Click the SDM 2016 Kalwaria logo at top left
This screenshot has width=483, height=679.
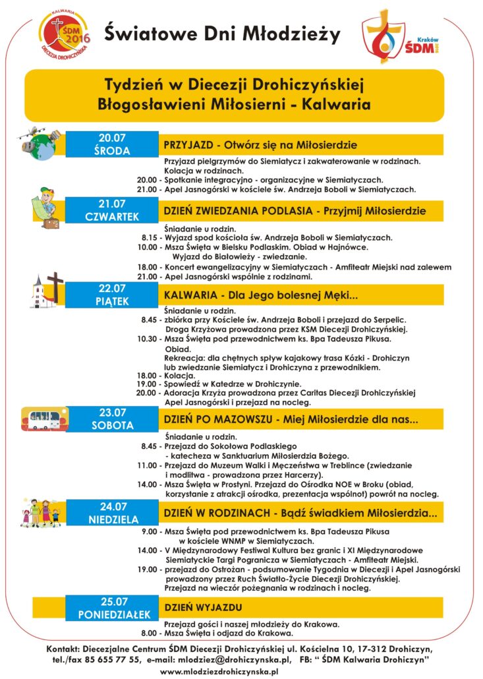(64, 34)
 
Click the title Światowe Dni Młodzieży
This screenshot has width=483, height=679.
(221, 33)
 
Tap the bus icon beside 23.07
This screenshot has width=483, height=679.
(44, 418)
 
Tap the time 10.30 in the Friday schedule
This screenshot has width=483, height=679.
(150, 339)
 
